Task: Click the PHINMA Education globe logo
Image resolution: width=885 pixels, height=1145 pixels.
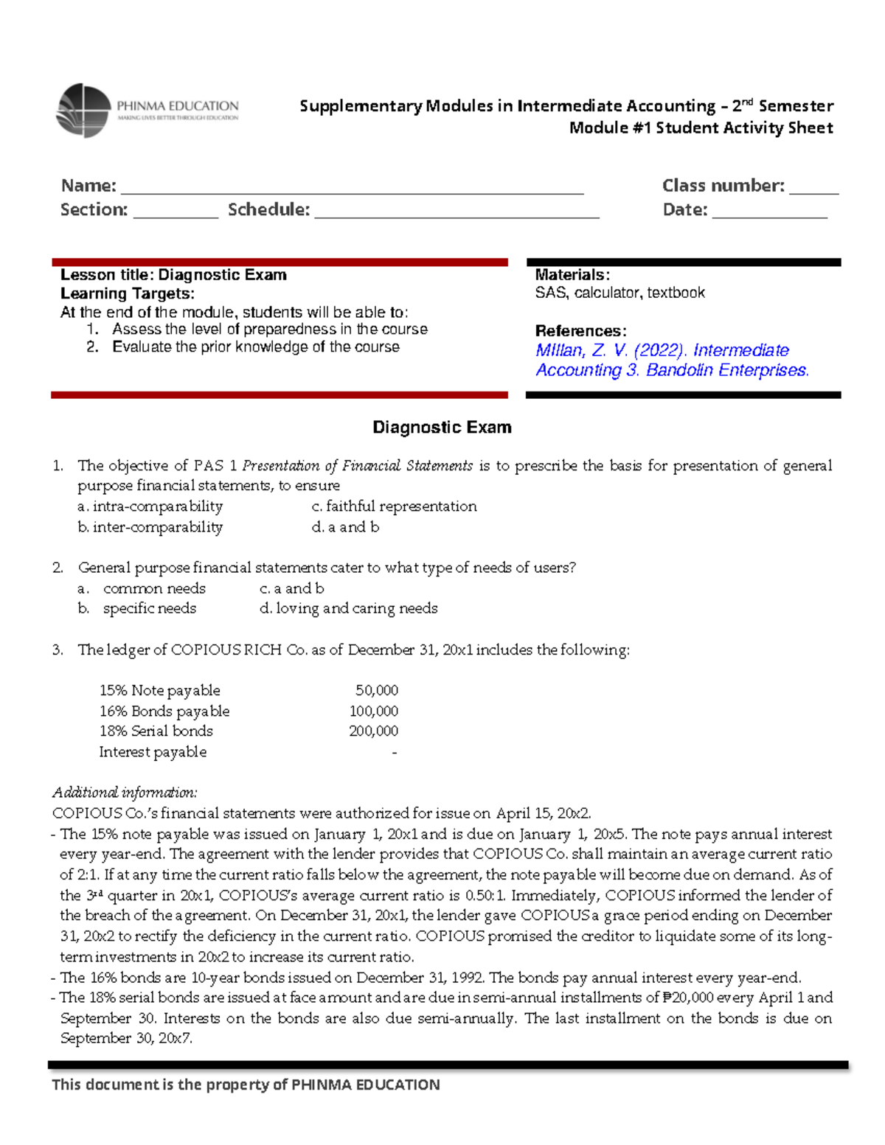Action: coord(83,111)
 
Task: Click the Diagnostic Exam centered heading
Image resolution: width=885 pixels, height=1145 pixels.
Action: coord(442,428)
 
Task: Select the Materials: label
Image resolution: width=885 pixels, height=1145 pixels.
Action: coord(572,275)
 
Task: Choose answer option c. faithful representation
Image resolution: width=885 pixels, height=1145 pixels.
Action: coord(394,507)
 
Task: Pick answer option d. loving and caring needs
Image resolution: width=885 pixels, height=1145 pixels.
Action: coord(348,608)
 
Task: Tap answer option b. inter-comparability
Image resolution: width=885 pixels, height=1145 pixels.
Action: coord(150,527)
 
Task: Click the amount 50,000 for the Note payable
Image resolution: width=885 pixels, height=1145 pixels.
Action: coord(376,691)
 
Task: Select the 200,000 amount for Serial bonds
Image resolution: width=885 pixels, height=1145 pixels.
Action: coord(373,731)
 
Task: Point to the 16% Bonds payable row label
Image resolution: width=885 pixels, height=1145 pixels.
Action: coord(164,711)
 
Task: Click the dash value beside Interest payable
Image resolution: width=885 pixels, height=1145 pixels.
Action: coord(395,753)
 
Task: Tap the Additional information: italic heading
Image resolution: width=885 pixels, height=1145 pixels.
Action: coord(125,793)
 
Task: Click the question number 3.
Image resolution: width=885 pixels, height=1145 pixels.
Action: coord(58,650)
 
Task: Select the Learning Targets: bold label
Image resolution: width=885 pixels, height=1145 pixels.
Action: coord(127,293)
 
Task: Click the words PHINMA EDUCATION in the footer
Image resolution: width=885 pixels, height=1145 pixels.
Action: coord(366,1085)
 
